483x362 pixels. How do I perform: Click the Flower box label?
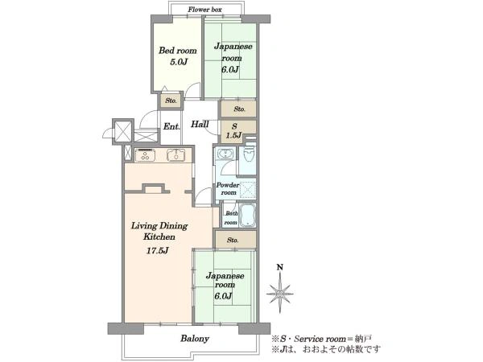(x=204, y=10)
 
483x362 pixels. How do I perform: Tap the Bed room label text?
(x=177, y=51)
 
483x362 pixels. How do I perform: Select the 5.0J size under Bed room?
(x=179, y=62)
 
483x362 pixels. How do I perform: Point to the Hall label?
(x=200, y=124)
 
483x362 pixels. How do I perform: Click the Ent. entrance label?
(x=171, y=126)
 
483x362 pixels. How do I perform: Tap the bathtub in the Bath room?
(x=248, y=215)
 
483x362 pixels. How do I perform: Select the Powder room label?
(x=228, y=189)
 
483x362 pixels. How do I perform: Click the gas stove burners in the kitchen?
(x=145, y=154)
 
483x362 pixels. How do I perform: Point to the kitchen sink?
(x=175, y=154)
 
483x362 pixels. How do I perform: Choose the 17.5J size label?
(x=157, y=250)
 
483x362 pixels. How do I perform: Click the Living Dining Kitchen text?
(x=159, y=231)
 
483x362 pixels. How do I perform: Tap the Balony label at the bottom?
(x=195, y=339)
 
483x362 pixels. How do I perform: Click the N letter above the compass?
(x=279, y=267)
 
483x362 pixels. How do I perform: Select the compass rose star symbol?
(x=279, y=293)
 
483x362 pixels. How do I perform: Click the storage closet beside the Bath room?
(x=235, y=240)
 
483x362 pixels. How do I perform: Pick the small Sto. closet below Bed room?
(x=171, y=101)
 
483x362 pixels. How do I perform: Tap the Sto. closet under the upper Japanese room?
(x=238, y=109)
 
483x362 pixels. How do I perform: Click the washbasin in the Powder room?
(x=225, y=154)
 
